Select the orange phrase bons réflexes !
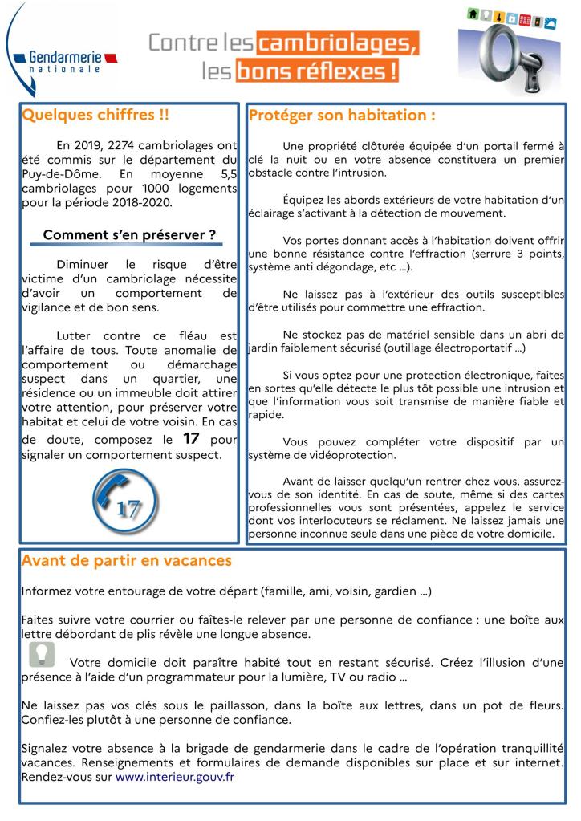[x=317, y=71]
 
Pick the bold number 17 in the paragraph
[x=191, y=439]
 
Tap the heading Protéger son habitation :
[x=342, y=116]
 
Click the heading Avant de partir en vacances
[x=127, y=560]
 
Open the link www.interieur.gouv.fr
[x=175, y=777]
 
